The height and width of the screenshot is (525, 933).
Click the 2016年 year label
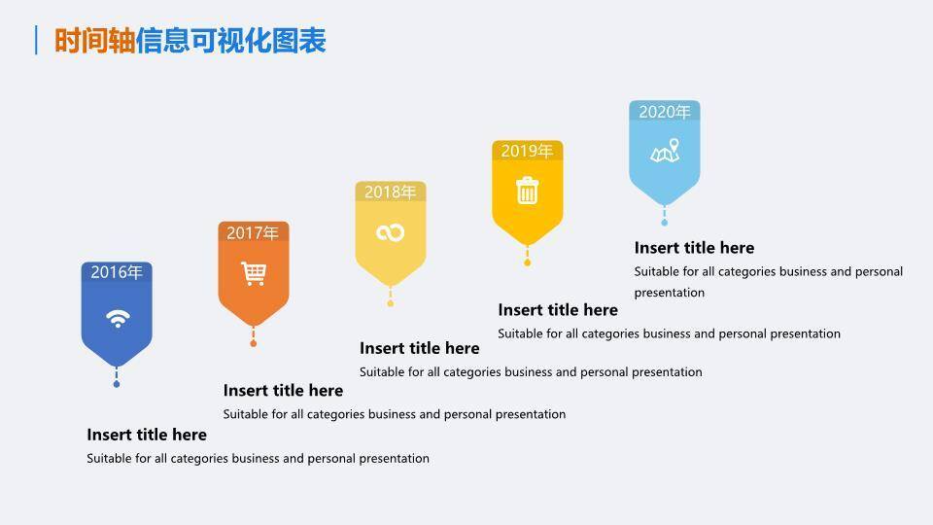[x=117, y=272]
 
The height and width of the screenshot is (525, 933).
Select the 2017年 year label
[x=253, y=233]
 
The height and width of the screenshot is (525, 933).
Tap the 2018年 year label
[x=390, y=192]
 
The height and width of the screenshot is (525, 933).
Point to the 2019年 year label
[x=527, y=152]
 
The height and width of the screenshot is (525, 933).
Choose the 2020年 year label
[x=664, y=112]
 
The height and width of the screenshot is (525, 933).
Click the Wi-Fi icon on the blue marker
[x=117, y=318]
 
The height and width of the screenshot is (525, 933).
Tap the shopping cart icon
[x=253, y=273]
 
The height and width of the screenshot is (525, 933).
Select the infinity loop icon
[x=390, y=232]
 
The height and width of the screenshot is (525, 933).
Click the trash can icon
[x=527, y=191]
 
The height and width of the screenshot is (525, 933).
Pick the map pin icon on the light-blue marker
[x=665, y=152]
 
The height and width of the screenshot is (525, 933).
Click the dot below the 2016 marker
[x=117, y=384]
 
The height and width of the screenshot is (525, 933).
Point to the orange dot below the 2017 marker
[x=253, y=343]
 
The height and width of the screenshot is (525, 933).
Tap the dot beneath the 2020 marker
[x=665, y=223]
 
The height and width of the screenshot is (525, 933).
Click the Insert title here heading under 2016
[x=147, y=435]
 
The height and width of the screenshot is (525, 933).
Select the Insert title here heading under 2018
[x=419, y=348]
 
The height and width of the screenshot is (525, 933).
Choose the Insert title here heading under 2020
[x=694, y=248]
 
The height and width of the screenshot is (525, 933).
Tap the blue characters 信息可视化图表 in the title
[x=230, y=41]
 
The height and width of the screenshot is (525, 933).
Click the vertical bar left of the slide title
[x=36, y=41]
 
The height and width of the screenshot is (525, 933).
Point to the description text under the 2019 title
[x=669, y=333]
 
